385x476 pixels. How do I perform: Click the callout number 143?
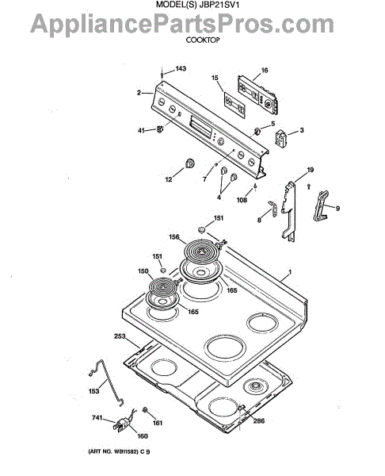(x=181, y=68)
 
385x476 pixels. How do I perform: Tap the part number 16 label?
(x=265, y=71)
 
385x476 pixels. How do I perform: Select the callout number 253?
(x=120, y=336)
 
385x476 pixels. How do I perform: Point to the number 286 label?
(x=259, y=420)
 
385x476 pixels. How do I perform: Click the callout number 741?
(x=97, y=418)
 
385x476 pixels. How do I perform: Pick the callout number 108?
(x=242, y=200)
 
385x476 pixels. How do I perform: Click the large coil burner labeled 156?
(x=201, y=252)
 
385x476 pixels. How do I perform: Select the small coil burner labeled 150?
(x=163, y=286)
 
